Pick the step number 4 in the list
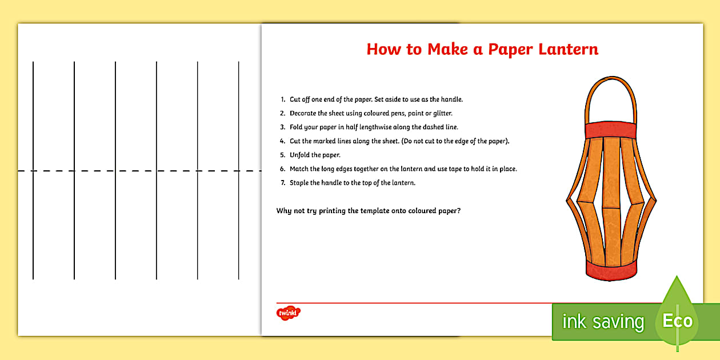tap(282, 141)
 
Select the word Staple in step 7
tap(301, 183)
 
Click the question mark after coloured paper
tap(459, 210)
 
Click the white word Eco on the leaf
tap(677, 321)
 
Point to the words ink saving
tap(603, 322)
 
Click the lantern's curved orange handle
tap(610, 86)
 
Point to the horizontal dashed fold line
tap(137, 171)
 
